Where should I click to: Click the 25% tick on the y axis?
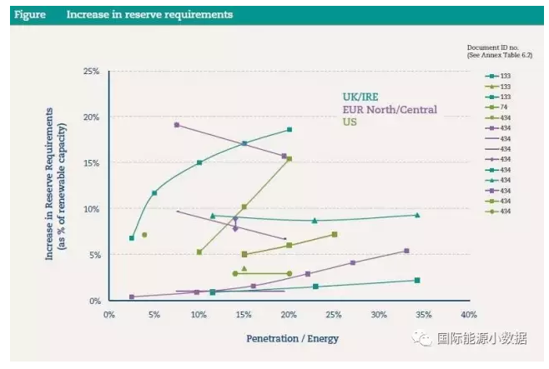92,72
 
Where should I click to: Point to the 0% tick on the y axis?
94,301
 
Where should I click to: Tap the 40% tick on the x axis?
468,314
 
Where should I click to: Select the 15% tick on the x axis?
244,314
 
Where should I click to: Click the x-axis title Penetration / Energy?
292,338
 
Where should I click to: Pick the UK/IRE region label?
361,97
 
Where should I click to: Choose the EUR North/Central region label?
389,110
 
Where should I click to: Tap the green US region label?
351,122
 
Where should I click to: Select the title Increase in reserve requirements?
149,14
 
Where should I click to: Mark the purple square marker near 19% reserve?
177,125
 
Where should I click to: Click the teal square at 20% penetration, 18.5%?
290,130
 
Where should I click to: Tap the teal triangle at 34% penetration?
417,215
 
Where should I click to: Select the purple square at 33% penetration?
406,251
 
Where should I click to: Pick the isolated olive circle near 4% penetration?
144,235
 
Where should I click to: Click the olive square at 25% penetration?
335,234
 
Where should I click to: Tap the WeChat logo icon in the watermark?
426,337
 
